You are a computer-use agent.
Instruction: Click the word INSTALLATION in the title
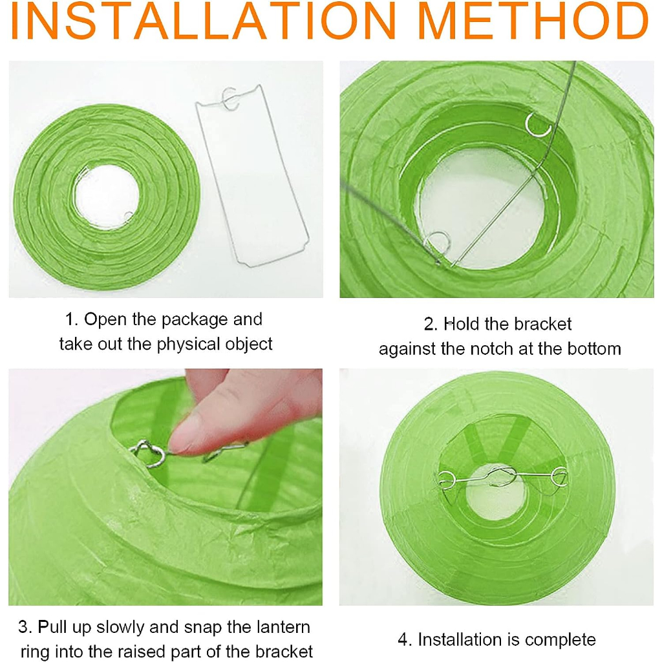203,21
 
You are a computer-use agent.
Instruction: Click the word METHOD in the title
533,21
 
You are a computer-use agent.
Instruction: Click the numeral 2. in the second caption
431,325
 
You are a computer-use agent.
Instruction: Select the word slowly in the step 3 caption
120,627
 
